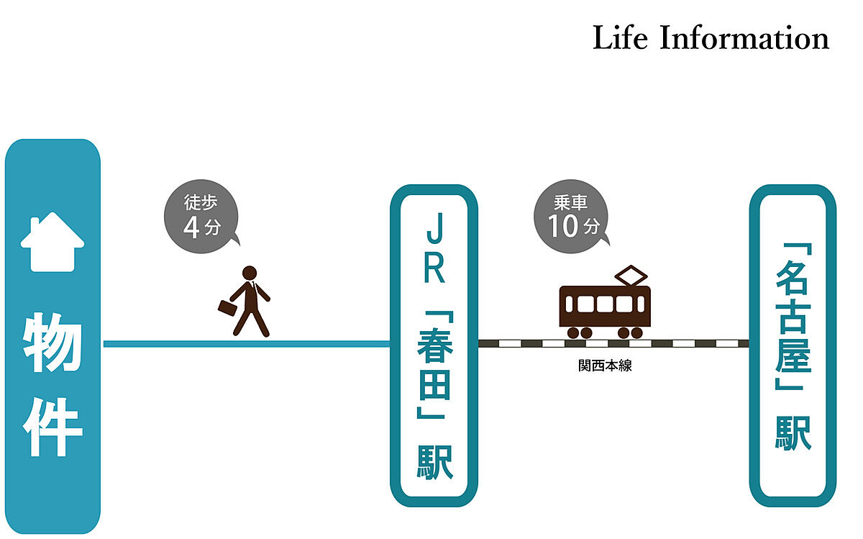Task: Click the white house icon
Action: pyautogui.click(x=52, y=243)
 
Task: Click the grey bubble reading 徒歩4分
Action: pyautogui.click(x=201, y=217)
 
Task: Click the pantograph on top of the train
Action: pyautogui.click(x=631, y=275)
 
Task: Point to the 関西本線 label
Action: pyautogui.click(x=605, y=366)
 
